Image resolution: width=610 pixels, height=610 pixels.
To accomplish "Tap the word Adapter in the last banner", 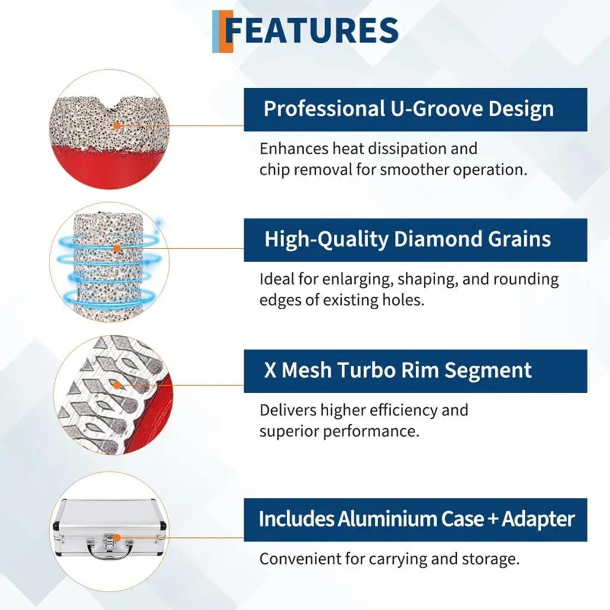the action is (538, 519).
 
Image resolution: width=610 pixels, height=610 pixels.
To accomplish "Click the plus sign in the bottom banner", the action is (493, 519).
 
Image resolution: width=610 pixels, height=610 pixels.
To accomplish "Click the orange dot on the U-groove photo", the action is (117, 126).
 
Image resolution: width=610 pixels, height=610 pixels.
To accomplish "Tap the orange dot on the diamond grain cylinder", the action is (117, 248).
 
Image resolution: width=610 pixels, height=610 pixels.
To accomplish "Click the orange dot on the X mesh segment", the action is (117, 385).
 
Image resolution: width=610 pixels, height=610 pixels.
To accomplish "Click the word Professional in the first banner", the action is (325, 108).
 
